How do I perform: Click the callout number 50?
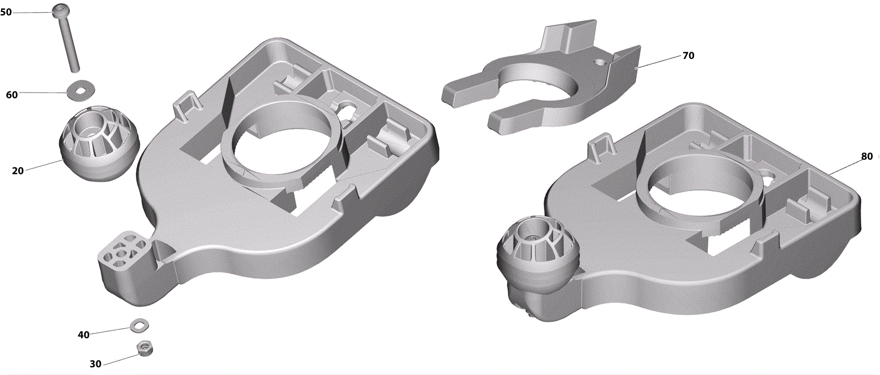tap(6, 12)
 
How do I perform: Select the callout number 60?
tap(12, 95)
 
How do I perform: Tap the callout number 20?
tap(18, 171)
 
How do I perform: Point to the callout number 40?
tap(83, 335)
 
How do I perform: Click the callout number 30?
tap(96, 364)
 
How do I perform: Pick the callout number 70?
tap(688, 56)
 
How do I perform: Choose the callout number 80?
tap(867, 156)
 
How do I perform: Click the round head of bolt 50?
tap(61, 9)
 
